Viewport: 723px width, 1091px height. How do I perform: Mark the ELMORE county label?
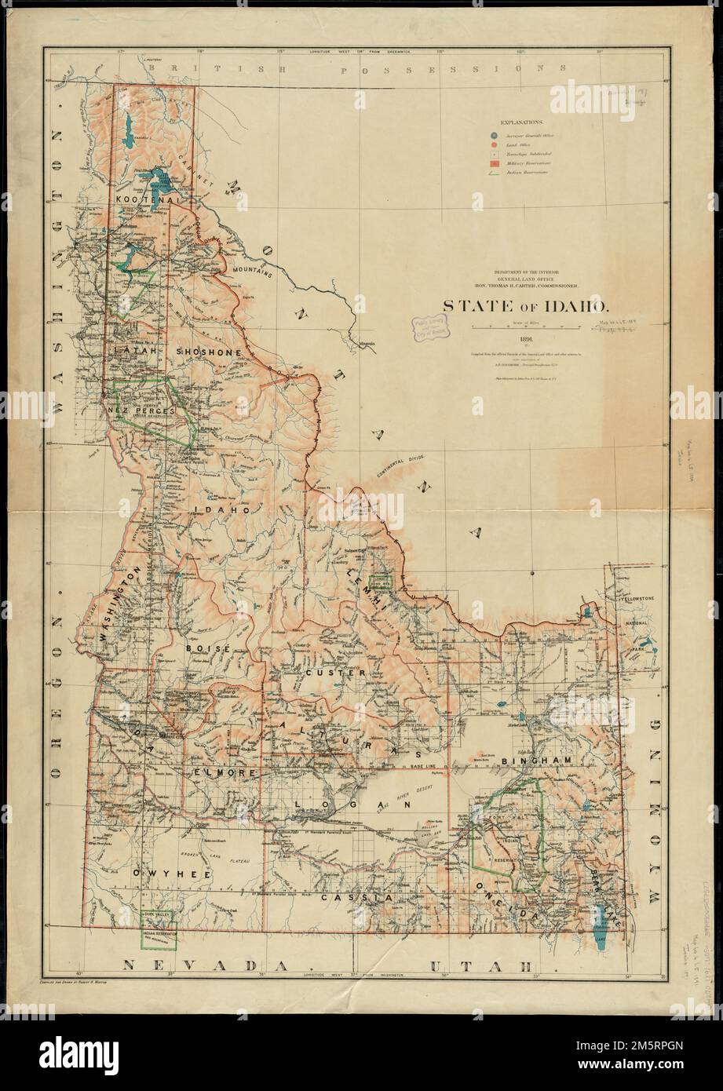pos(225,774)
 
